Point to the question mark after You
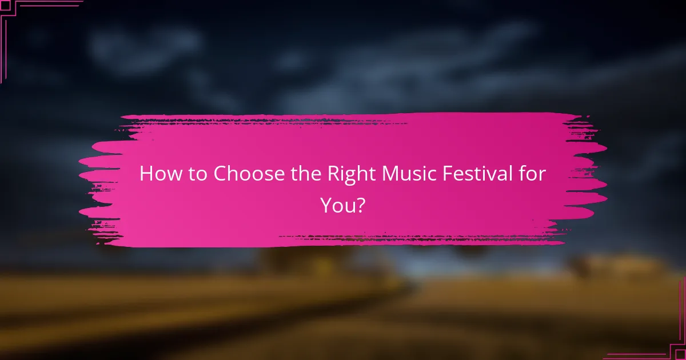click(361, 205)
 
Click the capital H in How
click(146, 174)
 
